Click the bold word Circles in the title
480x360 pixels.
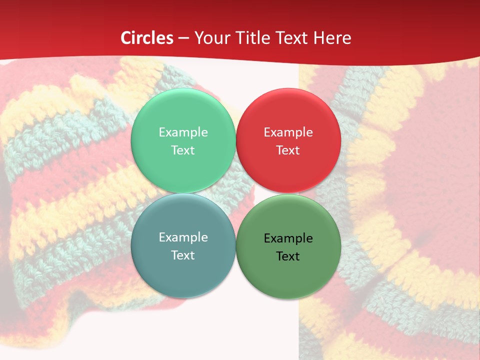click(x=147, y=38)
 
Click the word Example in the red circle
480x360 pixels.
click(x=288, y=132)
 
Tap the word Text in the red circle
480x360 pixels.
click(x=288, y=150)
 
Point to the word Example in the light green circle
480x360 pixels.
click(x=183, y=132)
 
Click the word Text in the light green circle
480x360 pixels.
click(x=183, y=150)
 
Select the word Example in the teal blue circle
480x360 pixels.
click(x=183, y=237)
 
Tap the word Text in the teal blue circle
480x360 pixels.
click(x=183, y=255)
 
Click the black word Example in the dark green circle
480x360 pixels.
click(x=288, y=238)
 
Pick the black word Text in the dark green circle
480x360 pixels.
click(x=288, y=256)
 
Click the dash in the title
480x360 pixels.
click(x=183, y=38)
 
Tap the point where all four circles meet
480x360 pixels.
click(x=235, y=193)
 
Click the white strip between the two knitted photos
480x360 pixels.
click(x=270, y=325)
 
